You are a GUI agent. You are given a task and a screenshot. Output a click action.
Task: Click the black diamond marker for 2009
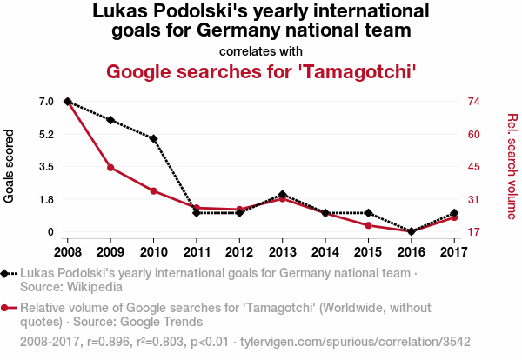pos(110,120)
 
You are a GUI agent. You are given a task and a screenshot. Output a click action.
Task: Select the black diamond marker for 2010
pos(153,139)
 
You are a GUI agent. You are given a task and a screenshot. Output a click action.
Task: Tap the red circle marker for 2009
pos(110,167)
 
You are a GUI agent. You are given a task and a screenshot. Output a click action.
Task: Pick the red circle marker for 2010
pos(153,190)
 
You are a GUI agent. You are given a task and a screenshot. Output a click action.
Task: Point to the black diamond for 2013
pos(282,195)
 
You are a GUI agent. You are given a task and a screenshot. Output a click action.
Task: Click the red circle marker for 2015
pos(368,225)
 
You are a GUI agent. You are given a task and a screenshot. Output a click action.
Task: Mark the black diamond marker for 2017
pos(453,213)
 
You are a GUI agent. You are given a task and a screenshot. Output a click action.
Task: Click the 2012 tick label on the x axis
pos(239,251)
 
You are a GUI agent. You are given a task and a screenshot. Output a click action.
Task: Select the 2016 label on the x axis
pos(411,251)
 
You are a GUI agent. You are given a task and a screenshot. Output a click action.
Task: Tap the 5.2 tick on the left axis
pos(46,134)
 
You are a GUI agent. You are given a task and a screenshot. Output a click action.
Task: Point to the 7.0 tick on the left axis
pos(46,102)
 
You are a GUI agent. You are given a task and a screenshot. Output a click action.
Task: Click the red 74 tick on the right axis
pos(473,102)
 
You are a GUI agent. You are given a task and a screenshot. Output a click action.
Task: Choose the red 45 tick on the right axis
pos(473,167)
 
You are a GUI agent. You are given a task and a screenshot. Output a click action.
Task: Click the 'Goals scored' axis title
pos(10,166)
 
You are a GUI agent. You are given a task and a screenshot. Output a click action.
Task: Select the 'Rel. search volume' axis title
pos(512,166)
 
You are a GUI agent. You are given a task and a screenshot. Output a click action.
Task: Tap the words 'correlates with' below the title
pos(260,50)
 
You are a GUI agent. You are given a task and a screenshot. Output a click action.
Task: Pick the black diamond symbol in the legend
pos(6,273)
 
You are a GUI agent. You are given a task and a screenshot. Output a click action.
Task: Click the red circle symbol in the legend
pos(6,307)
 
